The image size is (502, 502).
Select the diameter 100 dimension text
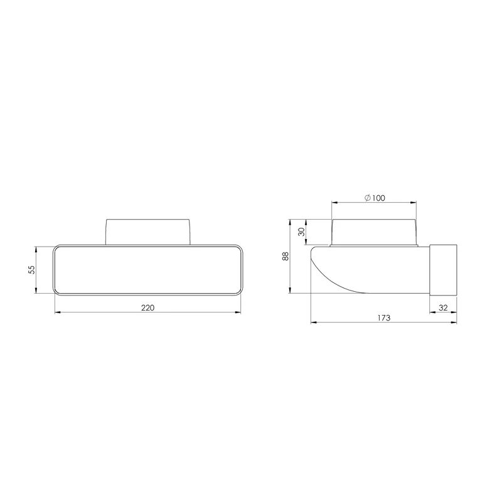(375, 198)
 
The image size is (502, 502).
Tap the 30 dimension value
(302, 232)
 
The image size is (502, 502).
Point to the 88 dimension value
(285, 256)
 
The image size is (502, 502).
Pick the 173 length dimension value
(384, 318)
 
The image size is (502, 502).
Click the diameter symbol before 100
(366, 198)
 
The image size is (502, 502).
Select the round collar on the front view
(148, 231)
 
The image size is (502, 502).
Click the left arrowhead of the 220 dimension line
(57, 312)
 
